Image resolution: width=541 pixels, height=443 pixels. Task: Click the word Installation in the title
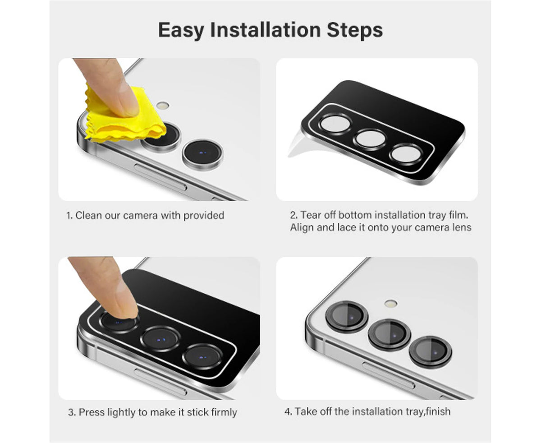coord(265,30)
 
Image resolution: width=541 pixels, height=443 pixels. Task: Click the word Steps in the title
coord(355,31)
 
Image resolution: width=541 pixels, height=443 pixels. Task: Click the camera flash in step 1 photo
coord(163,105)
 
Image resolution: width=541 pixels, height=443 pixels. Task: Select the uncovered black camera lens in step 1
coord(203,155)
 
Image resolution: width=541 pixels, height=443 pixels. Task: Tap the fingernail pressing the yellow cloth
coord(128,103)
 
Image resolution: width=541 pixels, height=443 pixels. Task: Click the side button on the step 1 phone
coord(160,177)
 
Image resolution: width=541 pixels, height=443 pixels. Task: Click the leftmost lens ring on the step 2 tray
coord(335,124)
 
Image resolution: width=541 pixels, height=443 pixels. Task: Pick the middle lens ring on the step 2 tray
coord(369,139)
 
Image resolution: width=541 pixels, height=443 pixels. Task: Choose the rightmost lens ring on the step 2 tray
coord(406,155)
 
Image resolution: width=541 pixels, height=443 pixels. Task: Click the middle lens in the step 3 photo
coord(160,339)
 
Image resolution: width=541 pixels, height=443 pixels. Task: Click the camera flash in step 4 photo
coord(391,304)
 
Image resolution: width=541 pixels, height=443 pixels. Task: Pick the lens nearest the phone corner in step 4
coord(347,317)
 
